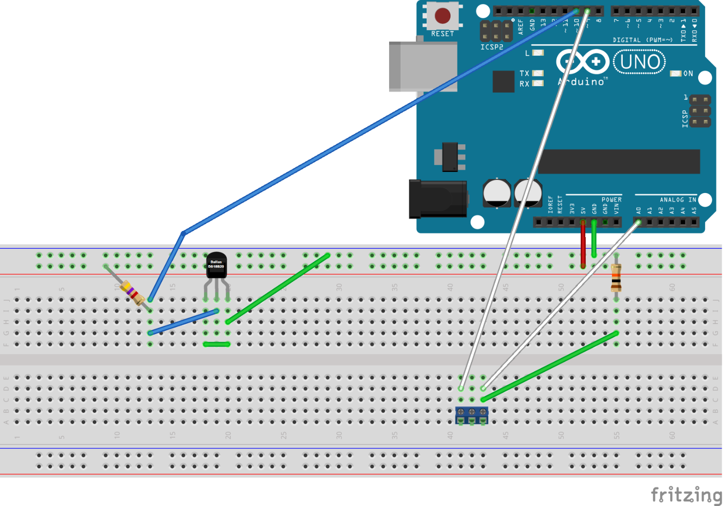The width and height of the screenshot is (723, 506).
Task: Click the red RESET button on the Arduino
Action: pyautogui.click(x=443, y=15)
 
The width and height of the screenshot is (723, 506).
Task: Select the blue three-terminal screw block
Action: pyautogui.click(x=472, y=414)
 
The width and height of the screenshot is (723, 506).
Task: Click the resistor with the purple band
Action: pyautogui.click(x=132, y=292)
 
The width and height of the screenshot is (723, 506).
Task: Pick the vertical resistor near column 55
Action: pyautogui.click(x=616, y=277)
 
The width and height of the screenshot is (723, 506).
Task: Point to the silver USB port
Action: pyautogui.click(x=423, y=67)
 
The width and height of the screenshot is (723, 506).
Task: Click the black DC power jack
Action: pyautogui.click(x=438, y=199)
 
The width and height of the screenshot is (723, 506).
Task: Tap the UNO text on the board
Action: pyautogui.click(x=640, y=62)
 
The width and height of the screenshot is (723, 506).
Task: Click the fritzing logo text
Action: pyautogui.click(x=686, y=495)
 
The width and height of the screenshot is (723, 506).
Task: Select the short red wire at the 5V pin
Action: pyautogui.click(x=583, y=244)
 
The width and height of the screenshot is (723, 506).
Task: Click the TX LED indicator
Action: pyautogui.click(x=538, y=73)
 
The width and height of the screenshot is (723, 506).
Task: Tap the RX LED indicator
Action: pyautogui.click(x=538, y=83)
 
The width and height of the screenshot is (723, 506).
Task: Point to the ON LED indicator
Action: pyautogui.click(x=675, y=74)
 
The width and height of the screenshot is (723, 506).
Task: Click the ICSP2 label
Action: pyautogui.click(x=492, y=47)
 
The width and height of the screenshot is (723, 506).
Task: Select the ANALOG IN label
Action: pyautogui.click(x=678, y=200)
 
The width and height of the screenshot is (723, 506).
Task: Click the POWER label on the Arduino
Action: pyautogui.click(x=612, y=200)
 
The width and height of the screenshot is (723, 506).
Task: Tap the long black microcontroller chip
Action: pyautogui.click(x=619, y=162)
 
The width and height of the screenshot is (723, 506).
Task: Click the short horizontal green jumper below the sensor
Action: pyautogui.click(x=216, y=344)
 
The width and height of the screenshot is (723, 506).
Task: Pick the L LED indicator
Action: pyautogui.click(x=538, y=53)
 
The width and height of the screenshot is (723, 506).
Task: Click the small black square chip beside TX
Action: pyautogui.click(x=503, y=81)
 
